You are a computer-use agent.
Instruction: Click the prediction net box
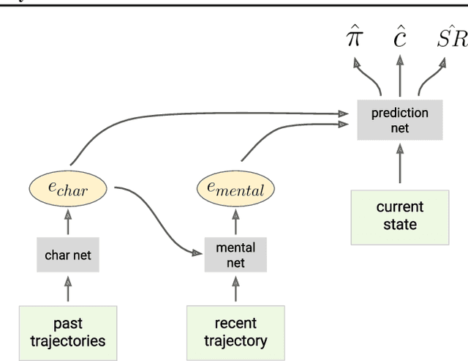tap(399, 119)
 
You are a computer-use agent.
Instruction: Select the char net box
tap(68, 256)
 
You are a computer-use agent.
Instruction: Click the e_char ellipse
tap(68, 190)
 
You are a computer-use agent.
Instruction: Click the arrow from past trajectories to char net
tap(68, 290)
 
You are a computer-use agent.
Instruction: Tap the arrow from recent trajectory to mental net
tap(235, 290)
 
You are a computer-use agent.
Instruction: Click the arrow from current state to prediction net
tap(399, 165)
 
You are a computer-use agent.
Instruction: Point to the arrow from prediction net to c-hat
tap(399, 78)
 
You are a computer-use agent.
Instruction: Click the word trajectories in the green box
tap(68, 340)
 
